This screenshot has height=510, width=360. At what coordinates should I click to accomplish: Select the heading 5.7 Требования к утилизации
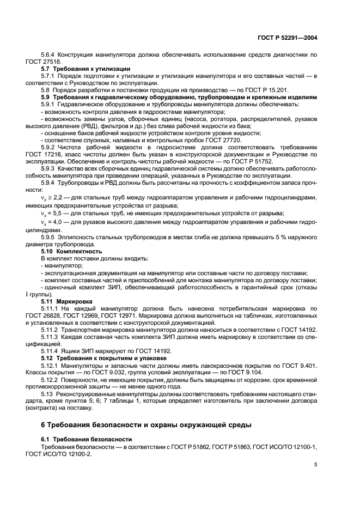tap(86, 69)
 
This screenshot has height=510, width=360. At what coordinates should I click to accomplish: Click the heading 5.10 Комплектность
tap(72, 251)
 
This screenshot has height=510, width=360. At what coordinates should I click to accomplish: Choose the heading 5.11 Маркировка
tap(67, 301)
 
